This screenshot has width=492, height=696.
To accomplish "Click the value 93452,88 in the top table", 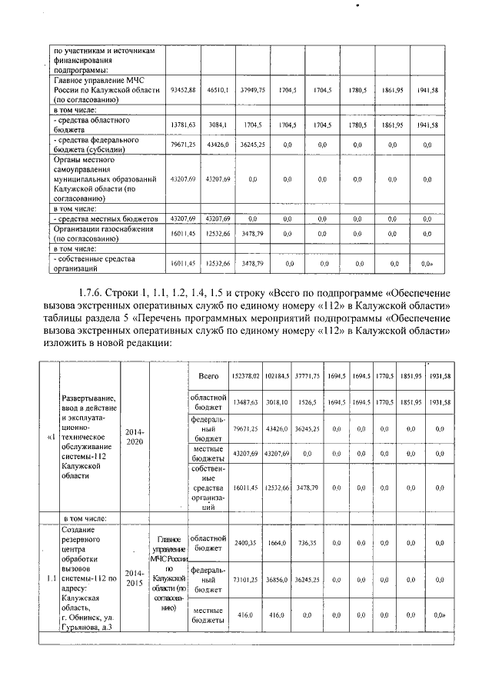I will (x=183, y=90).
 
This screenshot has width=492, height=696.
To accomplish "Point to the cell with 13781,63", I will (x=183, y=125).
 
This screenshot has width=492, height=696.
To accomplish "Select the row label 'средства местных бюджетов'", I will (x=105, y=218).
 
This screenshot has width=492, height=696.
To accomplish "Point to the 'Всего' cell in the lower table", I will (x=208, y=376).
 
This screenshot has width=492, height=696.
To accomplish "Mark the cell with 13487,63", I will (x=246, y=401).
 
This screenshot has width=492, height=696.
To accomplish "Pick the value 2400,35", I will (x=246, y=543).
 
